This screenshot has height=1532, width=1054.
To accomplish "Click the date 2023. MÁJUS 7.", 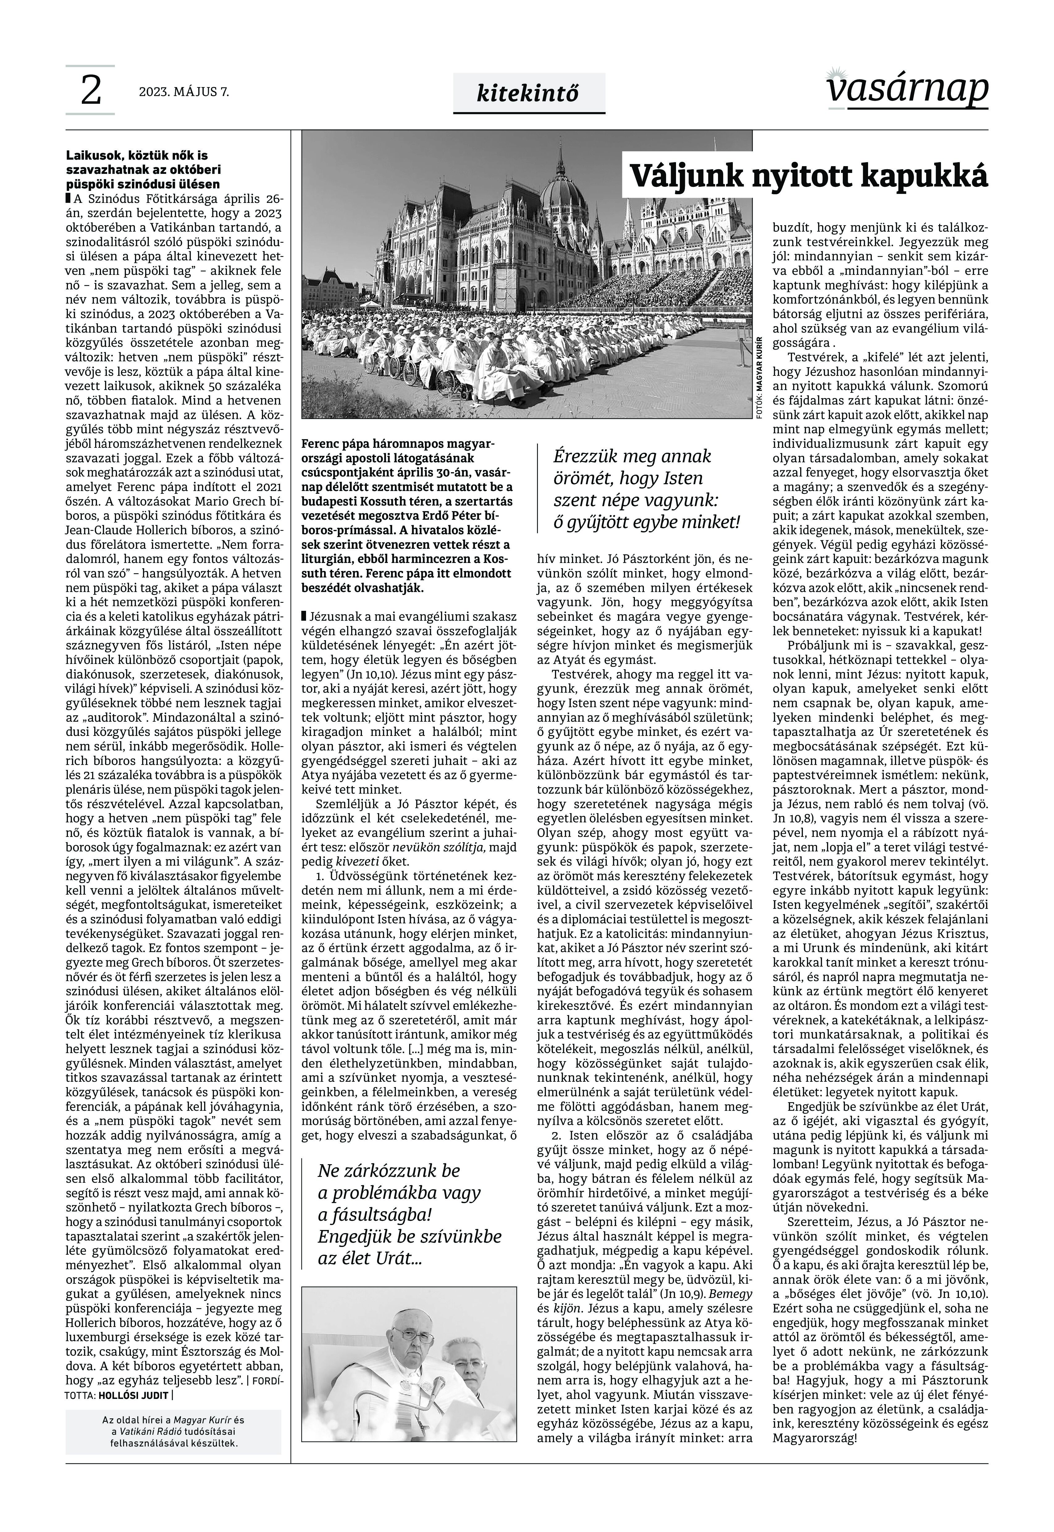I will pyautogui.click(x=184, y=92).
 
